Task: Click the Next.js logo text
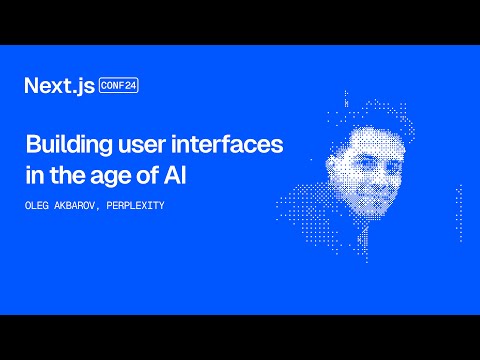tap(60, 86)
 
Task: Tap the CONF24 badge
tap(118, 86)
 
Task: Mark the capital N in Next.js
tap(32, 86)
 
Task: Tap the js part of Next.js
tap(84, 87)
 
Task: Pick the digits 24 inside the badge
tap(130, 86)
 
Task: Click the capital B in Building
tap(31, 144)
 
